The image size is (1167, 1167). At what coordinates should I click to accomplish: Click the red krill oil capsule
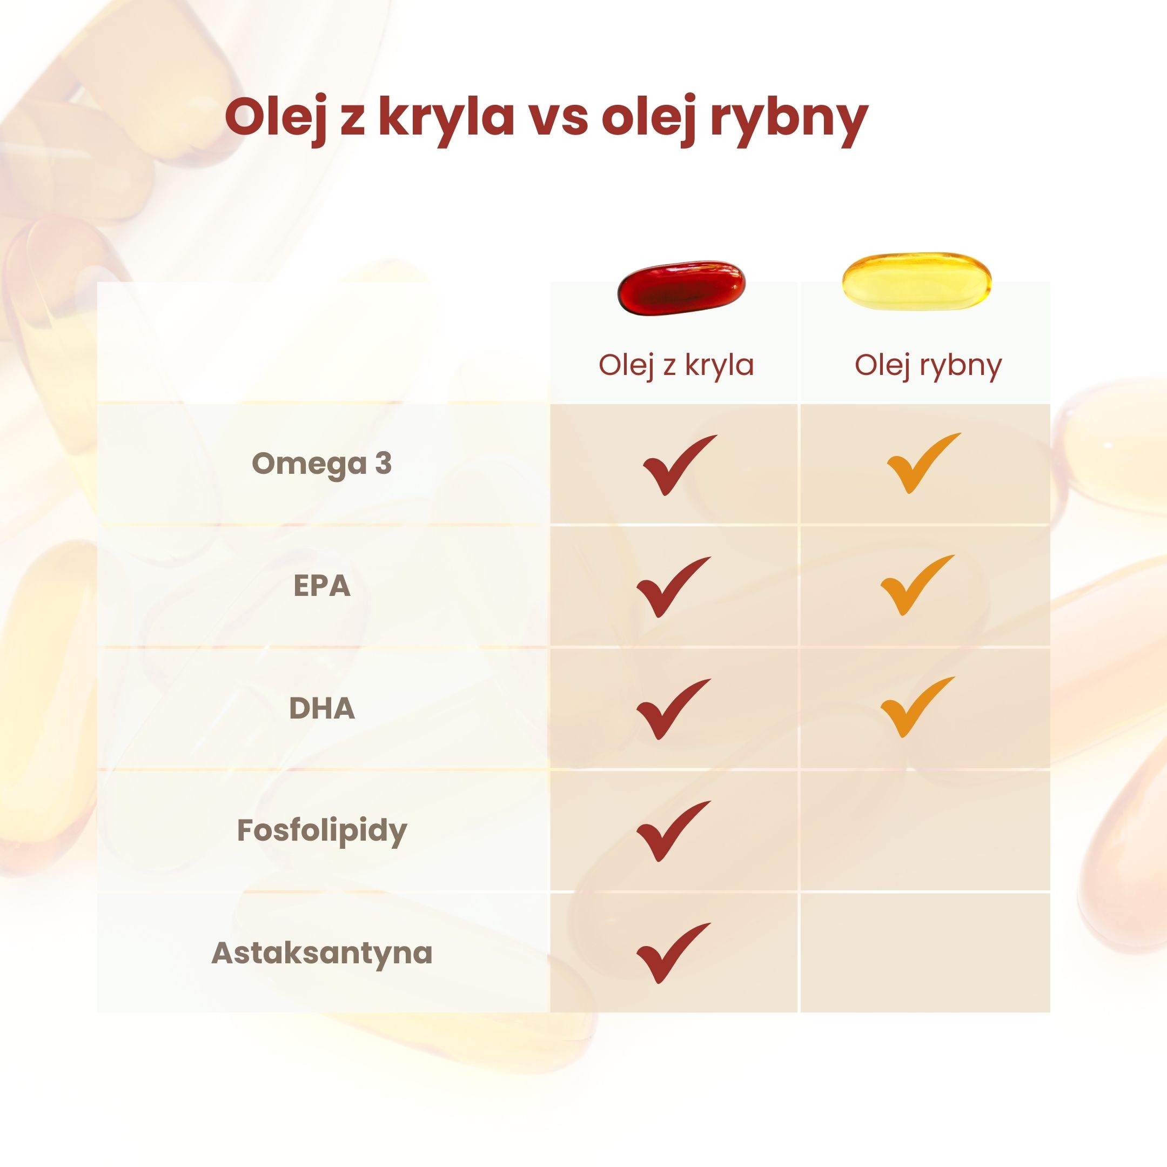pos(681,288)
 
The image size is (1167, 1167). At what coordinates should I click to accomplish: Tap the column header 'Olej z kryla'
pos(676,365)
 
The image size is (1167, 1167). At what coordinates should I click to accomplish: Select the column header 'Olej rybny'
pos(928,365)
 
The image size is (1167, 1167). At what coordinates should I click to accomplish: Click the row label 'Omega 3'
pos(321,464)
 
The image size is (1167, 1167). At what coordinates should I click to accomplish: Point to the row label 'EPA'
pos(321,586)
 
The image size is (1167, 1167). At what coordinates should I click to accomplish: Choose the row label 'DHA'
pos(321,708)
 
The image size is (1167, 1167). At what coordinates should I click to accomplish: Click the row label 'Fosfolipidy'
pos(321,830)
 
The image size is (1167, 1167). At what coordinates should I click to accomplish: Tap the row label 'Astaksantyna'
pos(321,953)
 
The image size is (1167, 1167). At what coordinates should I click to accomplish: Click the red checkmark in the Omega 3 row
pos(676,465)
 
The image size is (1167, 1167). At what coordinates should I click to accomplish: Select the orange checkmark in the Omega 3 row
pos(921,464)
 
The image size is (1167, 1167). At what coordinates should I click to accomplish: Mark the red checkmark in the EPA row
pos(670,587)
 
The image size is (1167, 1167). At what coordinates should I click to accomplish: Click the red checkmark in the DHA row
pos(670,709)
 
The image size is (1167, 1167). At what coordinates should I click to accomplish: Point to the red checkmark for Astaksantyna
pos(670,954)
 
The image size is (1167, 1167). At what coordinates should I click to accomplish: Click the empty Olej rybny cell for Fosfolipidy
pos(925,830)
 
